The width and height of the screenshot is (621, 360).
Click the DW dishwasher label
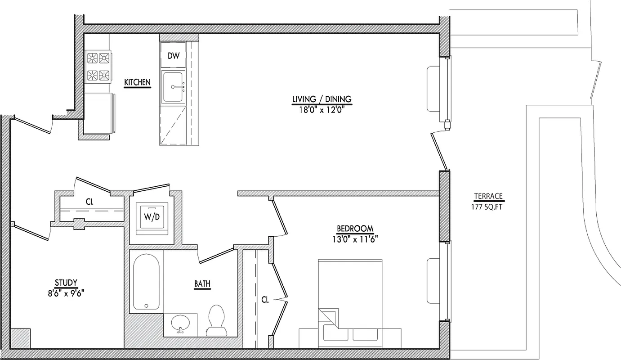[174, 56]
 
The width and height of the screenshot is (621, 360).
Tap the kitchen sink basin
[174, 86]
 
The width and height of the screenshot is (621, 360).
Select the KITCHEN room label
[137, 82]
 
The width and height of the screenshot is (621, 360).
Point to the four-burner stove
[98, 66]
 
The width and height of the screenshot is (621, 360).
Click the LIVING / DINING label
[322, 99]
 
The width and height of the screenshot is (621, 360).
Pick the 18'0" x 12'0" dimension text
[322, 108]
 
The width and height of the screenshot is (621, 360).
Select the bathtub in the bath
[146, 281]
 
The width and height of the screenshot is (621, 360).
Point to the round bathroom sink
[181, 322]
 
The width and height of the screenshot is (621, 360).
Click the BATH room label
[202, 284]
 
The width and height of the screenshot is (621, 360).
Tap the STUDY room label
[66, 283]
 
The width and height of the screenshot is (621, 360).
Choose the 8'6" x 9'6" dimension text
[66, 292]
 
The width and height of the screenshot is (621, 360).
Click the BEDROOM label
[355, 228]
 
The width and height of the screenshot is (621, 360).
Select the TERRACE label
[488, 196]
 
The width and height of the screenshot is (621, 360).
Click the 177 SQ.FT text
[488, 206]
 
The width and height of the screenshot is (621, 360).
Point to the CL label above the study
[89, 202]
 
